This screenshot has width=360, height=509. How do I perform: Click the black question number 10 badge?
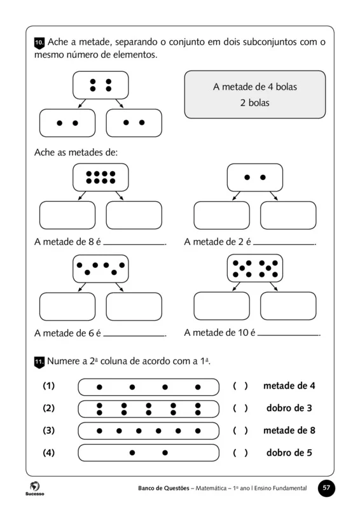(x=38, y=43)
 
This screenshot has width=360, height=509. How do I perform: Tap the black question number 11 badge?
(x=38, y=361)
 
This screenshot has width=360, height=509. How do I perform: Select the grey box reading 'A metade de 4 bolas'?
(x=254, y=94)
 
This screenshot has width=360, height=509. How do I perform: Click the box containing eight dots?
(x=100, y=177)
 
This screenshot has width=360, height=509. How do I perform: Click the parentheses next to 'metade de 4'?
(x=240, y=386)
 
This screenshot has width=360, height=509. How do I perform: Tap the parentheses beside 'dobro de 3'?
(x=240, y=408)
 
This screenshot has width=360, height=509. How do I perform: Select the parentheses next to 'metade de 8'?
(x=240, y=431)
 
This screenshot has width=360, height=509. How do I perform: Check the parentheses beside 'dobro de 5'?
(x=240, y=453)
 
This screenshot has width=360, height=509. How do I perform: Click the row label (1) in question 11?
(x=48, y=386)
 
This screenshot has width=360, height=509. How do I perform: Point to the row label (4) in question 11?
(x=48, y=453)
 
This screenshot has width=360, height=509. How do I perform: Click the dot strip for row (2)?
(x=148, y=408)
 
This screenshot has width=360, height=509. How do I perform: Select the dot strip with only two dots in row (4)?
(x=148, y=453)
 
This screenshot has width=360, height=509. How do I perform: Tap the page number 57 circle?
(x=326, y=488)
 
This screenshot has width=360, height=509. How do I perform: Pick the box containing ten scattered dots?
(x=254, y=268)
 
